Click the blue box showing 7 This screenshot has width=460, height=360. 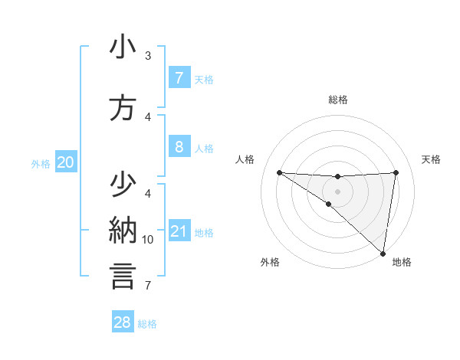coord(179,78)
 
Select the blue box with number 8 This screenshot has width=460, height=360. coord(179,146)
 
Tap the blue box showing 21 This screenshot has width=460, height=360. coord(179,231)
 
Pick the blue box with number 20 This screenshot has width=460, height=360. coord(65,162)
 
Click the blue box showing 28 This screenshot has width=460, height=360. coord(123,322)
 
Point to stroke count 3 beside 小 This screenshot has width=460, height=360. coord(147,56)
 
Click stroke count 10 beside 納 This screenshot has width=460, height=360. coord(148,240)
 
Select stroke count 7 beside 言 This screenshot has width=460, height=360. coord(147,286)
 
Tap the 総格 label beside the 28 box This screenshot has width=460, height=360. coord(148,324)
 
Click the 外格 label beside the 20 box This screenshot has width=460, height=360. coord(41,163)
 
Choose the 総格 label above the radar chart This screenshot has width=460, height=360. coord(338,100)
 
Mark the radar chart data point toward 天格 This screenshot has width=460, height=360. coord(396,172)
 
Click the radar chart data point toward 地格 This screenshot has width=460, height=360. coord(383,253)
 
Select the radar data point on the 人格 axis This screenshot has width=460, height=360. coord(279,172)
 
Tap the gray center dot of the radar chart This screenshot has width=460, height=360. coord(337,190)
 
